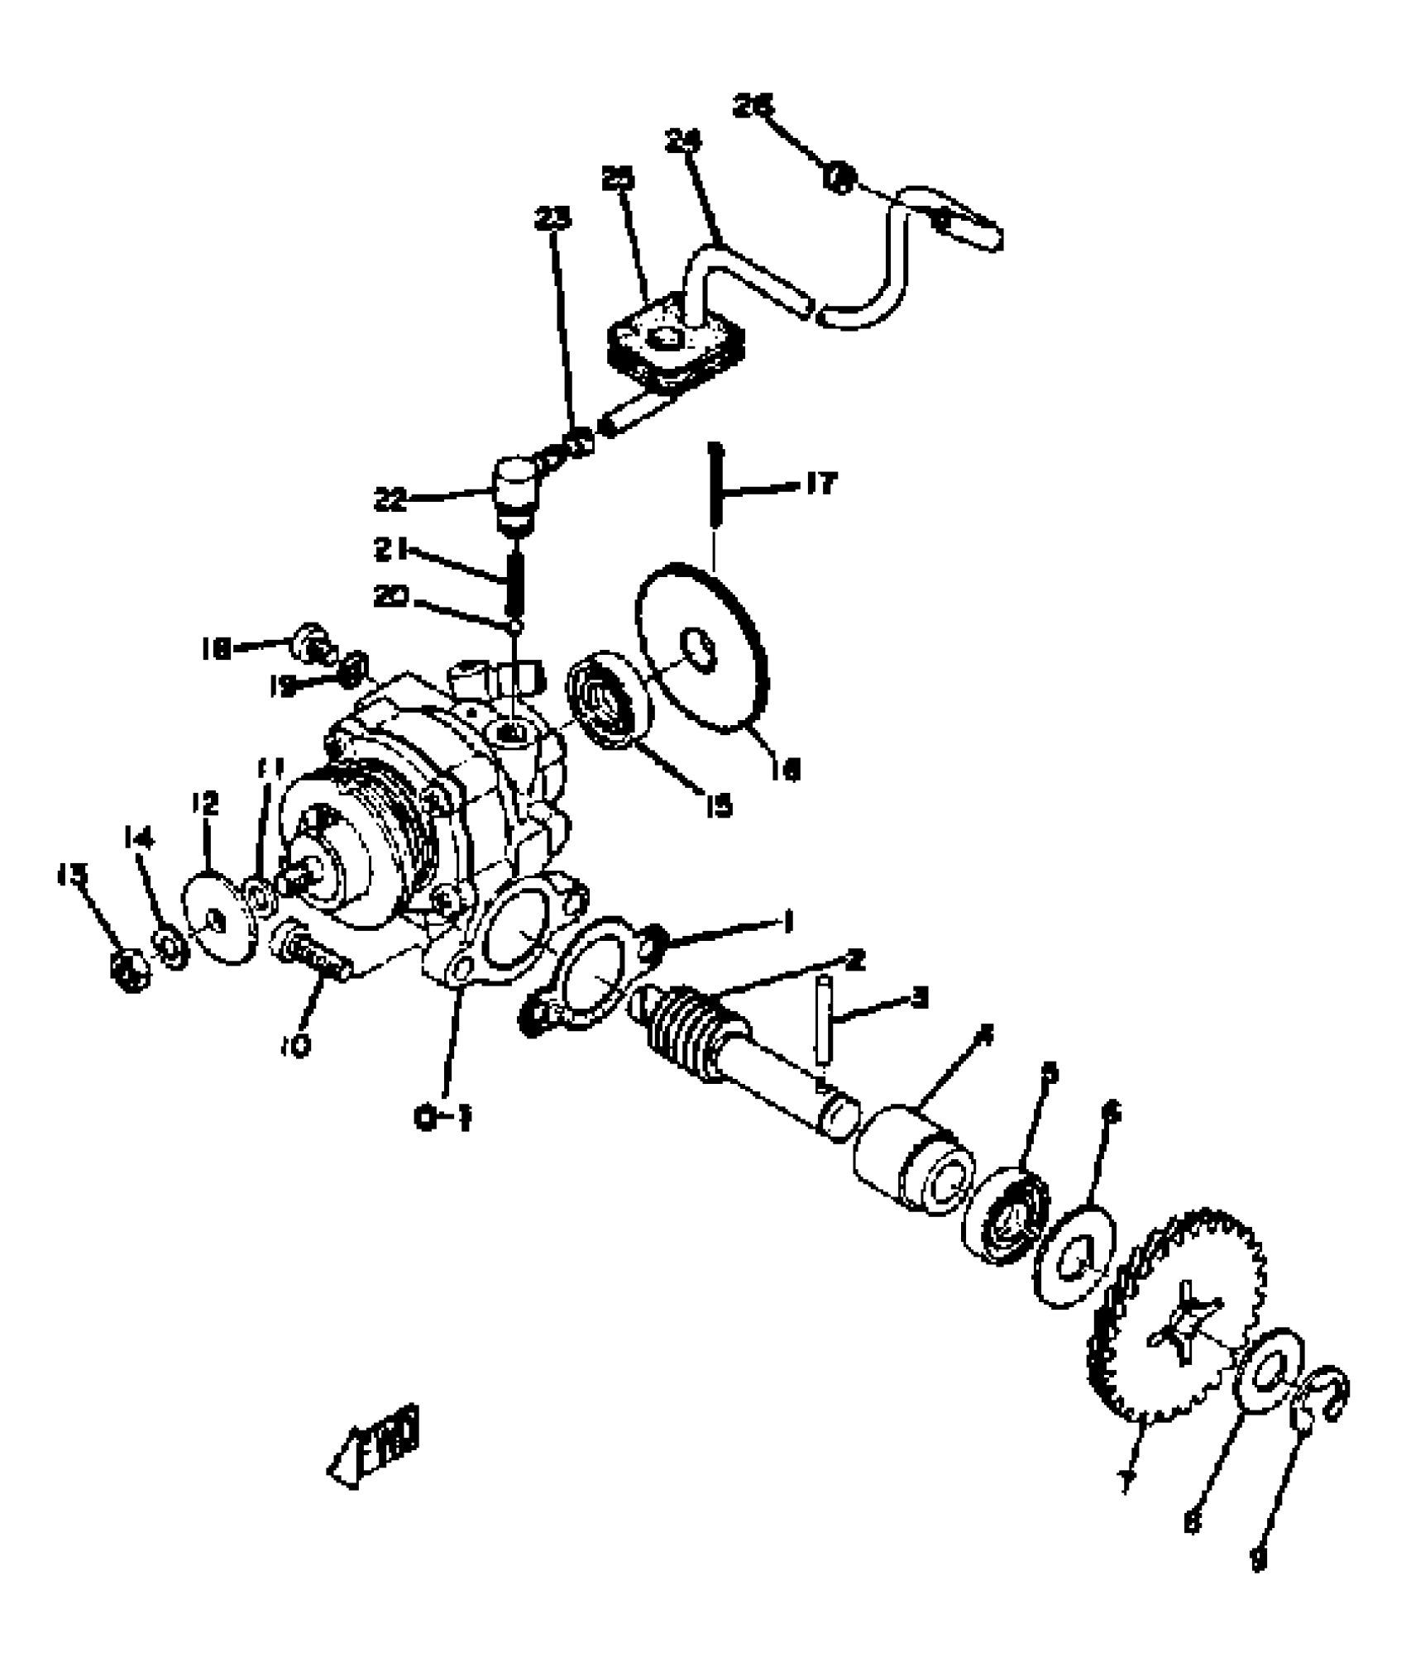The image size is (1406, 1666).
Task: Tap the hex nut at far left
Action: (x=130, y=969)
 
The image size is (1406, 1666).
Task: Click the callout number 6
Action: (x=1112, y=1114)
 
